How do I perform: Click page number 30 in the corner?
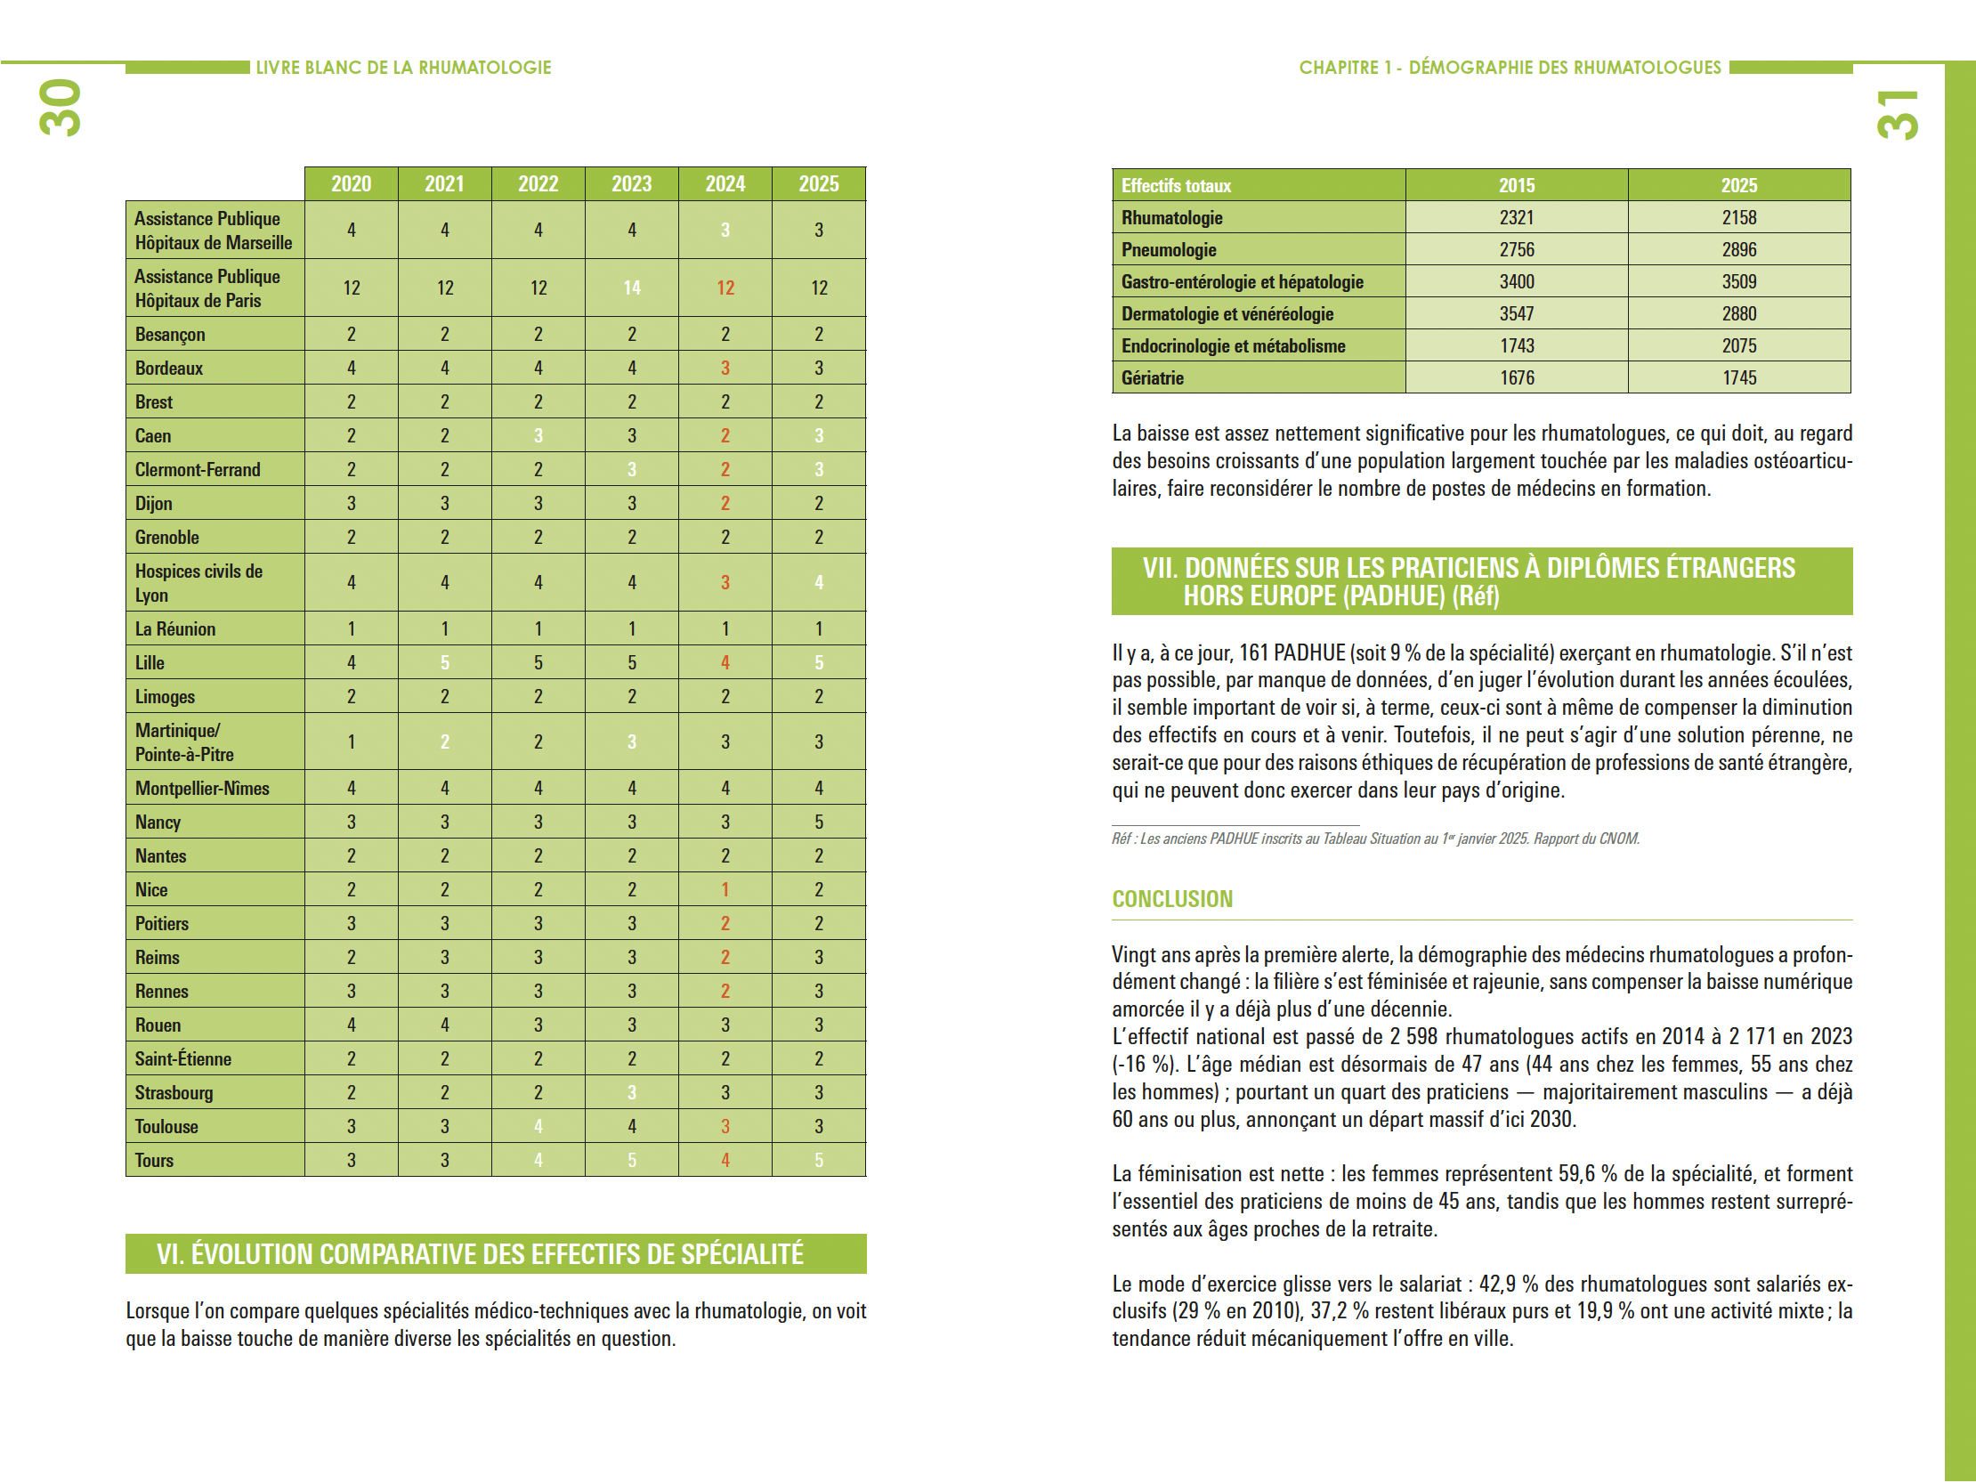(x=61, y=108)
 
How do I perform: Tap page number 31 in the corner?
(x=1897, y=114)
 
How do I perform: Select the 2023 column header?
(x=632, y=184)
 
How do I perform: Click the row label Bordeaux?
(x=169, y=368)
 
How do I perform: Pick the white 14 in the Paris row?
(x=632, y=288)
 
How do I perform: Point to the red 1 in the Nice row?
(x=725, y=890)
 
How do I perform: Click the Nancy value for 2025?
(x=818, y=822)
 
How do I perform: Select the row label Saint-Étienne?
(x=183, y=1058)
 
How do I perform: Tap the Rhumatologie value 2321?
(x=1516, y=218)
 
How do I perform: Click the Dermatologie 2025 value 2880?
(x=1738, y=313)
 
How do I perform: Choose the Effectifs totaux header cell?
(x=1176, y=186)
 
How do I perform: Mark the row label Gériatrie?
(x=1153, y=378)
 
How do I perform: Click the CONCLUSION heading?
(x=1171, y=899)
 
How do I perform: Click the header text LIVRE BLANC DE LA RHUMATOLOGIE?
(x=404, y=68)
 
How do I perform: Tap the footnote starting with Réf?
(x=1375, y=839)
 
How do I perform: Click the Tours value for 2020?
(x=351, y=1161)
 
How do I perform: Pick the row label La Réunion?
(x=175, y=629)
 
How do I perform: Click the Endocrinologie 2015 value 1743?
(x=1516, y=345)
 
